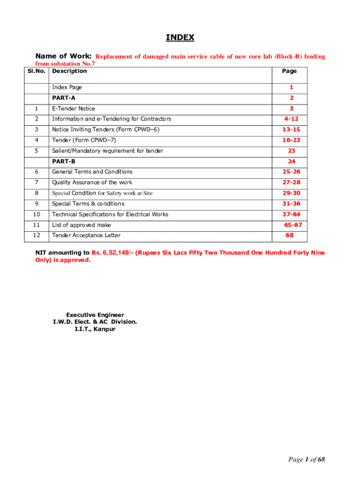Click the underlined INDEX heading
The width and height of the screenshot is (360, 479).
[180, 38]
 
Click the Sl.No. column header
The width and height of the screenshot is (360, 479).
[36, 71]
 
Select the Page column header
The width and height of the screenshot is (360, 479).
[289, 71]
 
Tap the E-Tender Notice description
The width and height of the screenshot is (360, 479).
[73, 109]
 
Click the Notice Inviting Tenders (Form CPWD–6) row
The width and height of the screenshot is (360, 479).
[106, 130]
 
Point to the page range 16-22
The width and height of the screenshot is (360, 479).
[291, 140]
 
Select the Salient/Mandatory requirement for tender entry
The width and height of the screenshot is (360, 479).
[108, 151]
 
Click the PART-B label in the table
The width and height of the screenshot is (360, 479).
[64, 161]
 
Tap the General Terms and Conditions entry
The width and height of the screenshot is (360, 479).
[92, 172]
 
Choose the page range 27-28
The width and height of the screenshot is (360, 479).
[291, 182]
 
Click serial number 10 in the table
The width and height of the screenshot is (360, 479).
[36, 214]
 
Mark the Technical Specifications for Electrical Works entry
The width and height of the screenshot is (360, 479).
[110, 214]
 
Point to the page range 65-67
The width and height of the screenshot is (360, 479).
[293, 225]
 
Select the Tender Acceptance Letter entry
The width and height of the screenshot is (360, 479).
[86, 235]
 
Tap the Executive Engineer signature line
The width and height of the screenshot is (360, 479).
[95, 315]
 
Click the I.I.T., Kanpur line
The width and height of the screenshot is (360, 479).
[95, 329]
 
